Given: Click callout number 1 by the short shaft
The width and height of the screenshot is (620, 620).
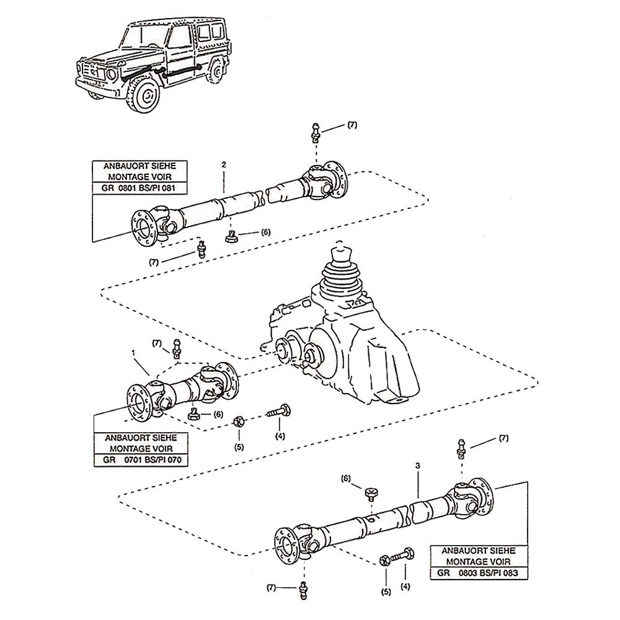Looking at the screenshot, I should (135, 353).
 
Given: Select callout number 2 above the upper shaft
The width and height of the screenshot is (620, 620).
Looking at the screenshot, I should (224, 166).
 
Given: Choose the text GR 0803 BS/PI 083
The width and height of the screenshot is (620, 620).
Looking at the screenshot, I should (477, 573).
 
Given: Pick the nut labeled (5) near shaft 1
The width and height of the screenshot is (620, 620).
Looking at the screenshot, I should (239, 422).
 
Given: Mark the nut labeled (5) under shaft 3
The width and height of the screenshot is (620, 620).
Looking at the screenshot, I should (384, 560).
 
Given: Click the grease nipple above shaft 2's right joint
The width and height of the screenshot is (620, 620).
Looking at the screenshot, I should (316, 132).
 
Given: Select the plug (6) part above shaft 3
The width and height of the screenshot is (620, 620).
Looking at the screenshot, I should (372, 493).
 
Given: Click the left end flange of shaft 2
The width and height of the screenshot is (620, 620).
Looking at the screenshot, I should (142, 226).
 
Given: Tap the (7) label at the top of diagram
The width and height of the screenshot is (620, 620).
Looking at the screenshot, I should (352, 125).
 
